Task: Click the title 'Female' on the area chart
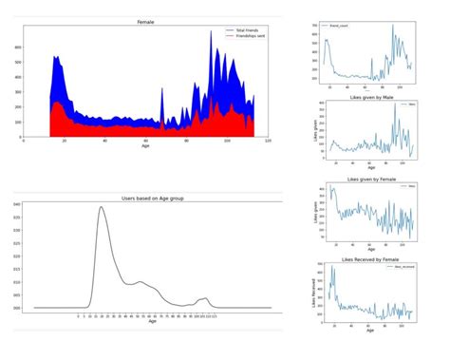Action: point(145,20)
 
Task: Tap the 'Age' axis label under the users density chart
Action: point(152,321)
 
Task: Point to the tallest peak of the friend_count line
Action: point(392,26)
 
